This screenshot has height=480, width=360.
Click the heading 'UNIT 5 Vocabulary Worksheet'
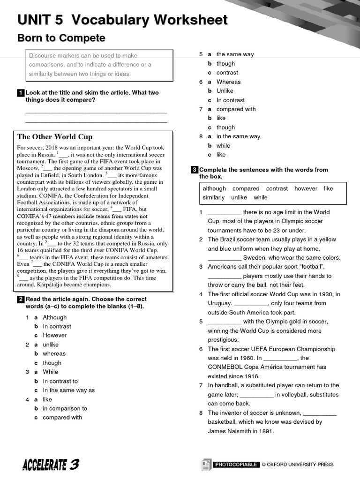122,20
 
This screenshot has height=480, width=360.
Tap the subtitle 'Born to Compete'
61,38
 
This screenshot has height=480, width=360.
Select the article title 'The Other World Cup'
55,137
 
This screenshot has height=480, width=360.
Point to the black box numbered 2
21,300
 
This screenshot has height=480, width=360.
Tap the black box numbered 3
195,170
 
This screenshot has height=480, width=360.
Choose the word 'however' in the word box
306,188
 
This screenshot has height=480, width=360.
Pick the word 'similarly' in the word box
213,197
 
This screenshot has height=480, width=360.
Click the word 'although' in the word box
214,188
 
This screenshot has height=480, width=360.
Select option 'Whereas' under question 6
228,82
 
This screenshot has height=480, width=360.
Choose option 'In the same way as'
68,390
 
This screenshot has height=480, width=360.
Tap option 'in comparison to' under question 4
65,408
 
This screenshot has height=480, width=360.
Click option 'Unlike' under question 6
225,91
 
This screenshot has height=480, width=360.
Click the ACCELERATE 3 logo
51,465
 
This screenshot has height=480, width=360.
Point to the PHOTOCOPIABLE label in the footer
236,465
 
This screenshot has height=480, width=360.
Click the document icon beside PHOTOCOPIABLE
206,465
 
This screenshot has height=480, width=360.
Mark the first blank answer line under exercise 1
96,112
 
